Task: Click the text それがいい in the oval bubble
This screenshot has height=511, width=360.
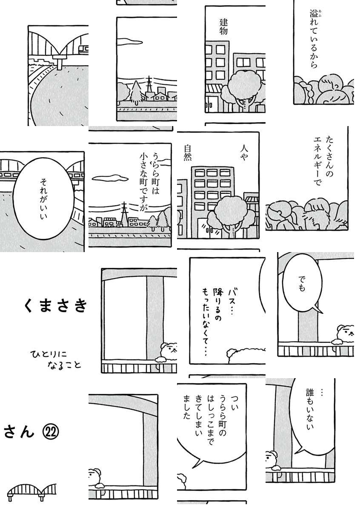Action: (43, 198)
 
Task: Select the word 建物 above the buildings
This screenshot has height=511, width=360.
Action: (223, 26)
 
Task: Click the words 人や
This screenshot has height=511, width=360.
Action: (244, 153)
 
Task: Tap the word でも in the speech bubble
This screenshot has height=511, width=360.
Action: (301, 284)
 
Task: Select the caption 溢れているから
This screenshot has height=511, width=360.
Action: (314, 39)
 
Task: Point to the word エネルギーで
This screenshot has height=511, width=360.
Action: (317, 161)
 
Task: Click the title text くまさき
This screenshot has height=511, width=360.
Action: (55, 305)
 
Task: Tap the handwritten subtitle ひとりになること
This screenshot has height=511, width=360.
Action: (56, 360)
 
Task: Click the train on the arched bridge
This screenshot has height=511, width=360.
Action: (83, 49)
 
